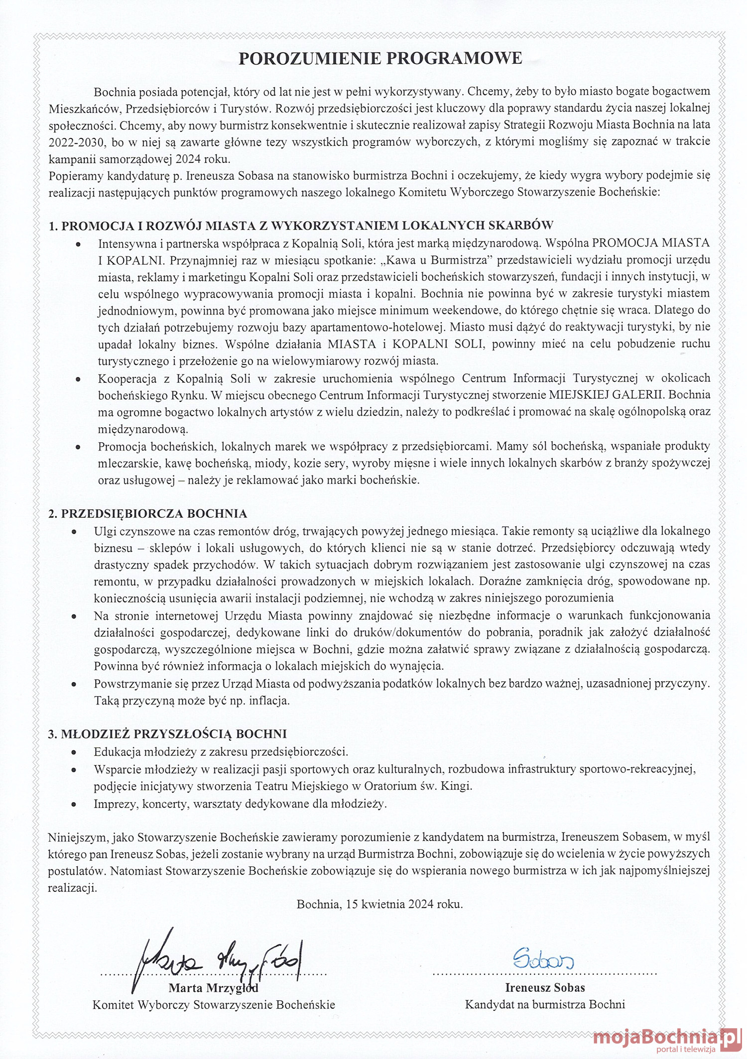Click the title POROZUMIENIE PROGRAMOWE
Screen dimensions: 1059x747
click(380, 59)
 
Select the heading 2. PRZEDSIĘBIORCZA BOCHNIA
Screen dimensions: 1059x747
click(147, 513)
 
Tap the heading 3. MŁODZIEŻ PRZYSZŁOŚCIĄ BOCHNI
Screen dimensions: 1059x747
click(167, 733)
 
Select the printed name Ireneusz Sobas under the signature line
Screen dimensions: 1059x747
click(545, 987)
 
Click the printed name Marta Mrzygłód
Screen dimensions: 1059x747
click(213, 988)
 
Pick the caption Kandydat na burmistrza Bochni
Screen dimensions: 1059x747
click(545, 1004)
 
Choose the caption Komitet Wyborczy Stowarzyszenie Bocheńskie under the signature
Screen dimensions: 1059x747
click(214, 1005)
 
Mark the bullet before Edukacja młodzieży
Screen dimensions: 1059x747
click(74, 752)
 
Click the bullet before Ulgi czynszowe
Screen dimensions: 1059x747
click(74, 531)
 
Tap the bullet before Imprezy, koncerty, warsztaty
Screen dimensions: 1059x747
click(74, 804)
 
